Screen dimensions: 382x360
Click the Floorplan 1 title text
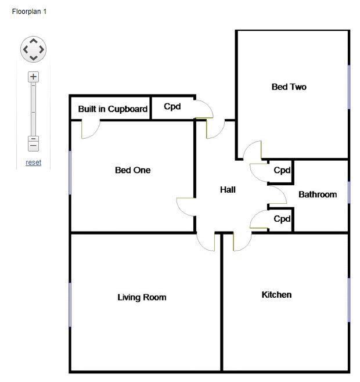(x=29, y=11)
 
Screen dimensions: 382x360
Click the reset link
(x=34, y=163)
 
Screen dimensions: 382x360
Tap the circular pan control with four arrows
(x=33, y=49)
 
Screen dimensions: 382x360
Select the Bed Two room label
(x=289, y=87)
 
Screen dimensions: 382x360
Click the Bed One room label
(x=132, y=170)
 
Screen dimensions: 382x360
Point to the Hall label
(x=228, y=190)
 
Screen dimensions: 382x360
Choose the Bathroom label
(x=317, y=194)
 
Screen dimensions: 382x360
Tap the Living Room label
(x=142, y=297)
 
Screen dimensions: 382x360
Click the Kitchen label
(x=276, y=295)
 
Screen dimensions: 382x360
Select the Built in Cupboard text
(x=113, y=109)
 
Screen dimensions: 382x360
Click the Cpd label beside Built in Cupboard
(x=173, y=107)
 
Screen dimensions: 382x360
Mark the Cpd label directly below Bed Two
(x=282, y=171)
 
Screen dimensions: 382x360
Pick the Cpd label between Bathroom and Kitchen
(x=282, y=219)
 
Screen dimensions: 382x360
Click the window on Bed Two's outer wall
(x=349, y=87)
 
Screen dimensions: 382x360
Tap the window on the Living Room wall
(x=70, y=305)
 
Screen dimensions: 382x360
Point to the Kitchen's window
(x=349, y=300)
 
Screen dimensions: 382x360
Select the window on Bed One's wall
(x=70, y=172)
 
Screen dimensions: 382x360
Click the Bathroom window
(x=349, y=192)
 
